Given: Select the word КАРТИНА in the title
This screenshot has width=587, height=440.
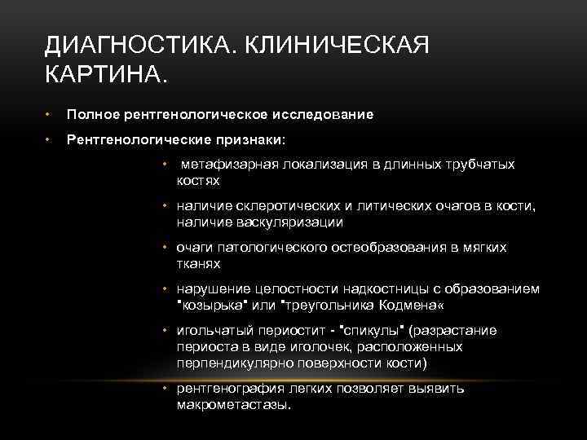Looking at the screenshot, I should (x=105, y=76).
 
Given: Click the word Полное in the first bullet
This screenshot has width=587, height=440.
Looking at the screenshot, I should (x=92, y=114).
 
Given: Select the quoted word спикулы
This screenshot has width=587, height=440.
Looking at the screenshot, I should (x=370, y=331).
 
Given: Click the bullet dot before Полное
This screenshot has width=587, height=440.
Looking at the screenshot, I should (x=50, y=114).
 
